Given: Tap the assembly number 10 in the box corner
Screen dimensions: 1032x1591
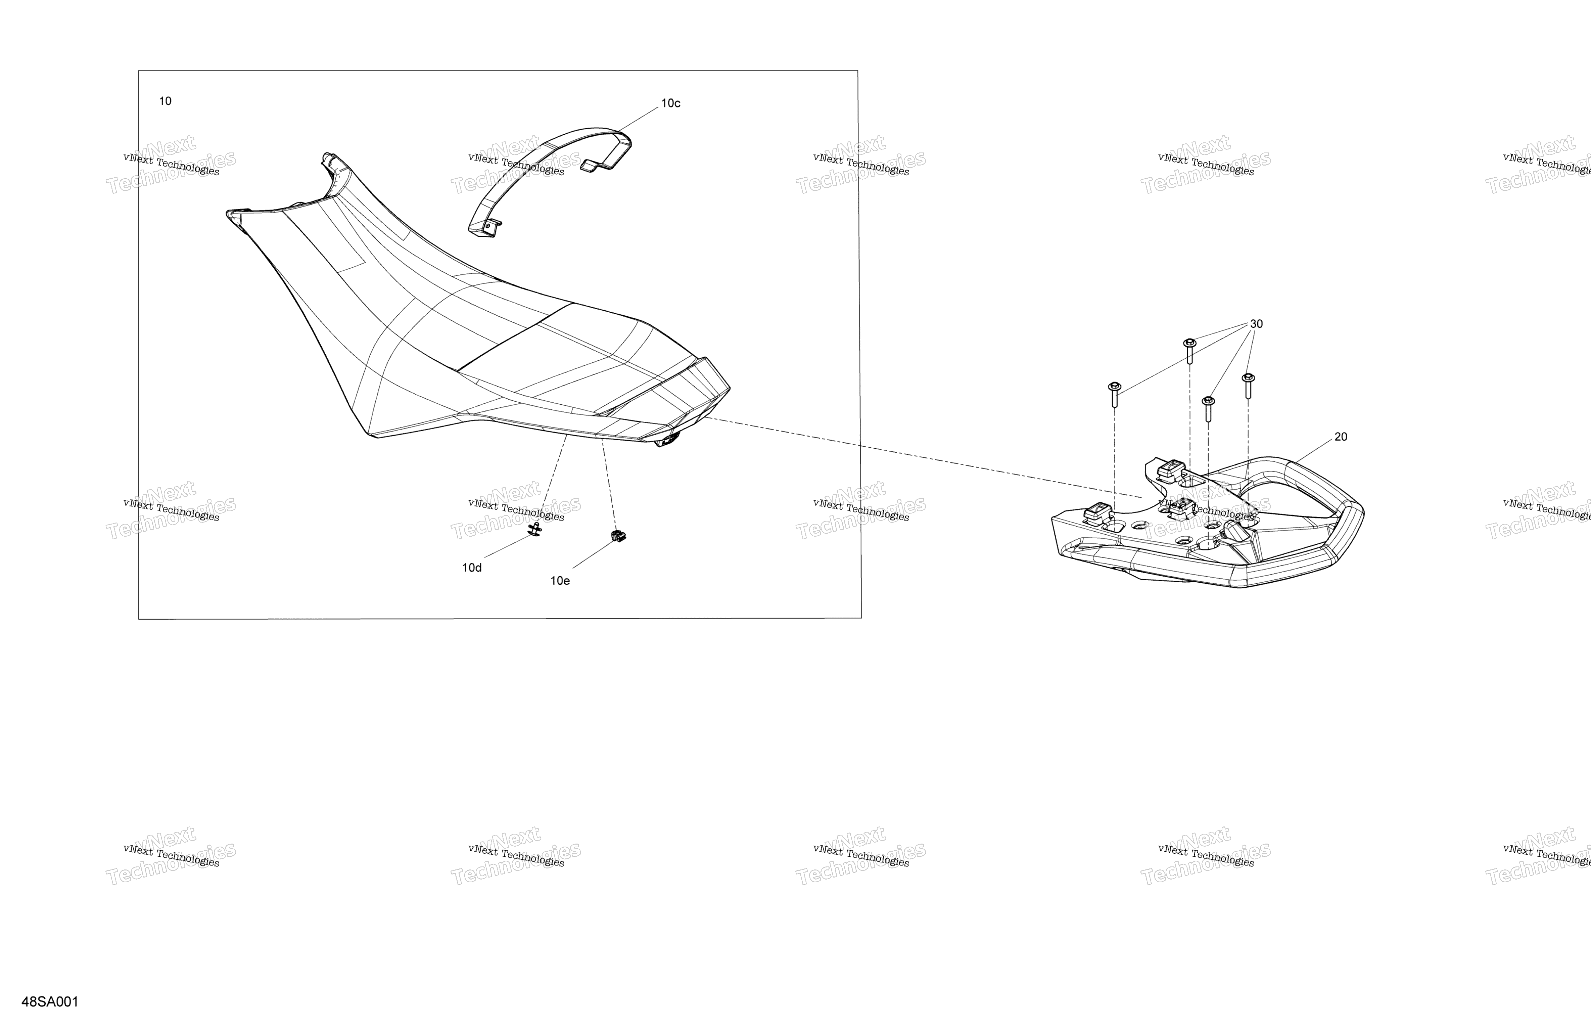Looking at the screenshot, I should pyautogui.click(x=165, y=101).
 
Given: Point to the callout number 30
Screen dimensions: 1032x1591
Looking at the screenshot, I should pyautogui.click(x=1256, y=324).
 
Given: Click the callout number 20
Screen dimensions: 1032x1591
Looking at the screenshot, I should pyautogui.click(x=1340, y=437).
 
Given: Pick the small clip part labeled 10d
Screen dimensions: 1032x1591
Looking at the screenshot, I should pyautogui.click(x=535, y=530).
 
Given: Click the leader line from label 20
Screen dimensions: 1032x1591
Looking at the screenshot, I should pyautogui.click(x=1314, y=449).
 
